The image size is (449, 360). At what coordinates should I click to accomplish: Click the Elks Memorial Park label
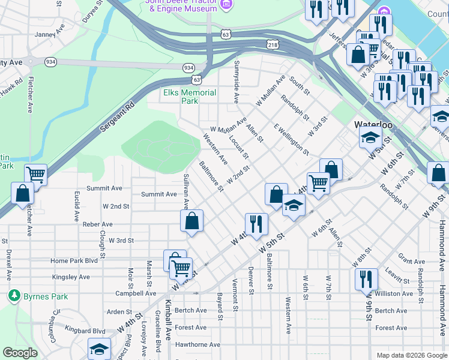[190, 97]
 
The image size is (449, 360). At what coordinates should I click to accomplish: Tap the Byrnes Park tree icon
[14, 296]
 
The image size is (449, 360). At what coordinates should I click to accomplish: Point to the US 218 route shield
[274, 44]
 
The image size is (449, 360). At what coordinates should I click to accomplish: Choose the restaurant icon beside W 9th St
[366, 279]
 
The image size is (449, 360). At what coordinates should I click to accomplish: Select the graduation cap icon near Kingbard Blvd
[99, 349]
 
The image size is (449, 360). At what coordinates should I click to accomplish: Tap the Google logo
[20, 353]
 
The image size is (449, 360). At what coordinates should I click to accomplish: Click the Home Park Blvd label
[74, 261]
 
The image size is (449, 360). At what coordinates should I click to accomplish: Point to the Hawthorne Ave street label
[197, 344]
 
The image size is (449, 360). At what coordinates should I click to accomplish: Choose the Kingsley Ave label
[70, 277]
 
